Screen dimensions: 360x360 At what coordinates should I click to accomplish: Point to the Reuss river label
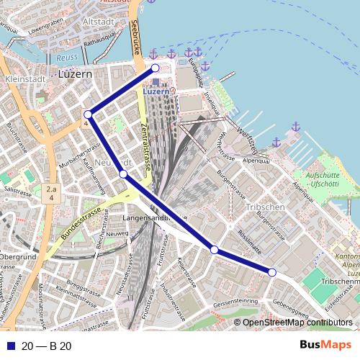(66, 56)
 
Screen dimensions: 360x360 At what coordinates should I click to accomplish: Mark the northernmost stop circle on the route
(154, 68)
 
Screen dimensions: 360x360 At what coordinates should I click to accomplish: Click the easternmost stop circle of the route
(272, 271)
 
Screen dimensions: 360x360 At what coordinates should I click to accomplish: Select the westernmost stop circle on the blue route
(87, 114)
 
